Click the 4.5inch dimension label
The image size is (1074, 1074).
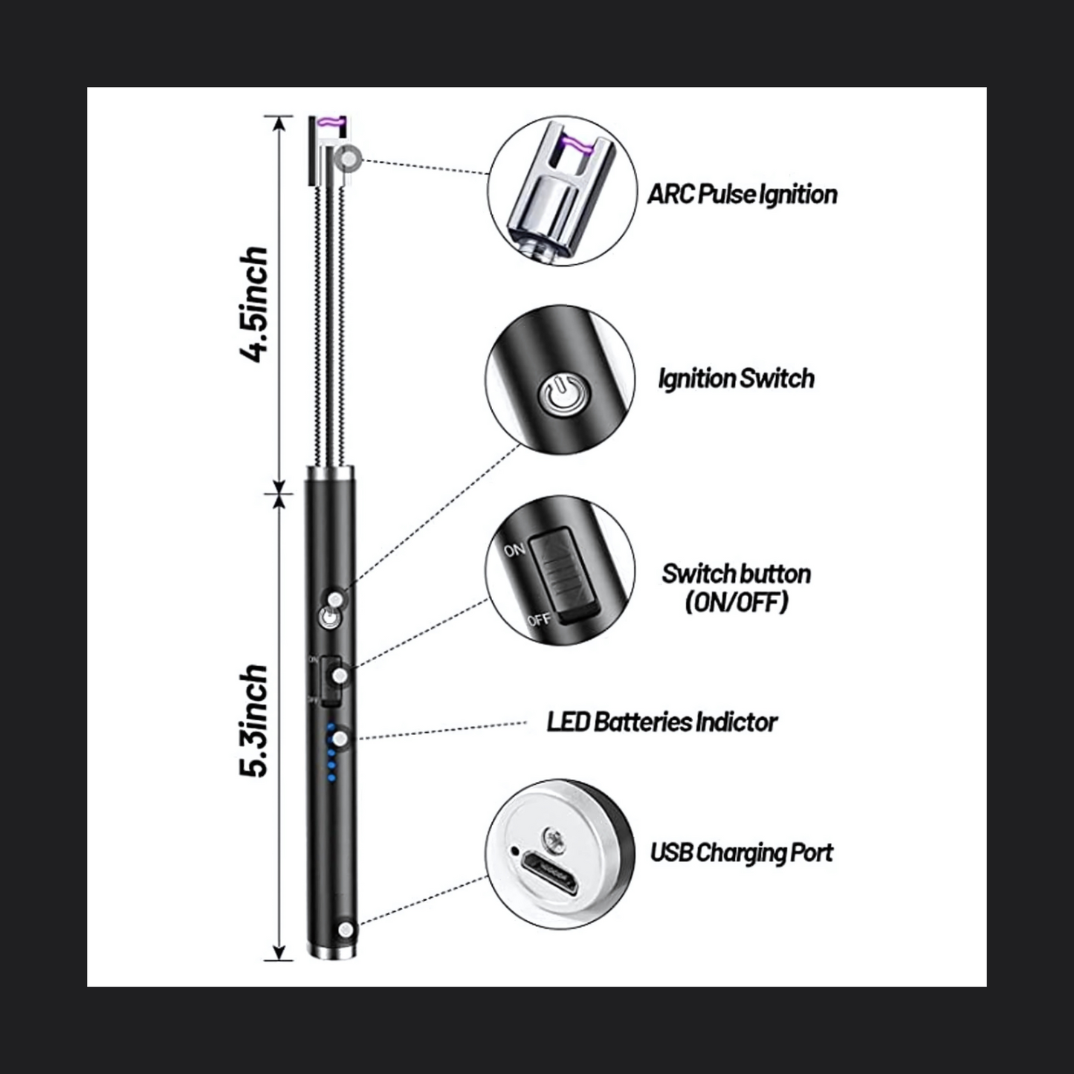click(x=254, y=304)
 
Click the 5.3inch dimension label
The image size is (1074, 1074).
click(x=254, y=720)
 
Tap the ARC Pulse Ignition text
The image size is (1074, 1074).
click(x=742, y=195)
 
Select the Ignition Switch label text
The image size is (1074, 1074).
click(x=737, y=379)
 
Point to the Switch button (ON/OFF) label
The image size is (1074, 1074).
click(x=737, y=587)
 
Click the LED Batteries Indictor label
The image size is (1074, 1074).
click(x=661, y=722)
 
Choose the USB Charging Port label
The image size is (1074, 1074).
click(x=741, y=853)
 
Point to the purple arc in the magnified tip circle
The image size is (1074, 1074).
click(x=576, y=146)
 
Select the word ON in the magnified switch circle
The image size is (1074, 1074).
click(x=514, y=550)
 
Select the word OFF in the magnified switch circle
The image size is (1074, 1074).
click(x=538, y=618)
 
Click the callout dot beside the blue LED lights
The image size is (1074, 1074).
click(x=340, y=739)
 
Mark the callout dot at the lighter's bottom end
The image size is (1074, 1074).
click(x=346, y=929)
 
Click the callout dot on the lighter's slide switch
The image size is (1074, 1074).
click(x=340, y=676)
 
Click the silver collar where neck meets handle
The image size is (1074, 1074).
click(x=328, y=473)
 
